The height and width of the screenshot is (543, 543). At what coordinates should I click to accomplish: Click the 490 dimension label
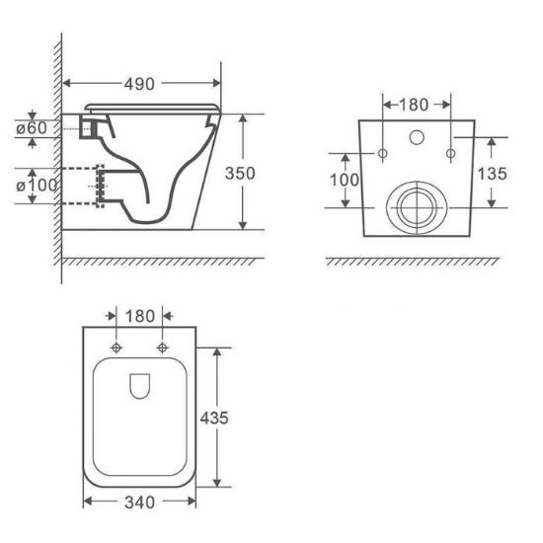coord(139,84)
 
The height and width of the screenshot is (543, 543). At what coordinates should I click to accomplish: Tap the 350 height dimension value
coord(240,173)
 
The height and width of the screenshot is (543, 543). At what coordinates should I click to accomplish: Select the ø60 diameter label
coord(32,128)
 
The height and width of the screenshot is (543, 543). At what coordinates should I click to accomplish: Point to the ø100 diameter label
coord(37,186)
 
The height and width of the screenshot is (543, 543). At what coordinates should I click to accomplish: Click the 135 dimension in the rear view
coord(492,174)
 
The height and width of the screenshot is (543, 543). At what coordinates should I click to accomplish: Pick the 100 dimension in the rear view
coord(345,180)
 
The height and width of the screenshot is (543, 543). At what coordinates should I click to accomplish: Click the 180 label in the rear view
coord(414,105)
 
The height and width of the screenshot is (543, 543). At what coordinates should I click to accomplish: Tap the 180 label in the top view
coord(140,316)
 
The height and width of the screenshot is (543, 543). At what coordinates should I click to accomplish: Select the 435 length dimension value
coord(214,418)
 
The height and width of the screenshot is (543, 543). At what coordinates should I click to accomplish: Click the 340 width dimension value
coord(139,503)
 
